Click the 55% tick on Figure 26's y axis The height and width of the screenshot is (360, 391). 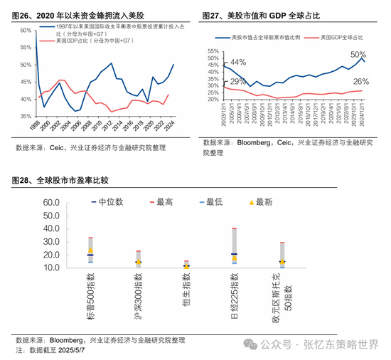(23, 47)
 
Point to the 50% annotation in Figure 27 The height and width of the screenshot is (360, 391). (358, 55)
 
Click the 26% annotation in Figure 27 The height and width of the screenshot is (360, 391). (360, 82)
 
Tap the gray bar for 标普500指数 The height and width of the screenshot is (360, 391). (90, 253)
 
